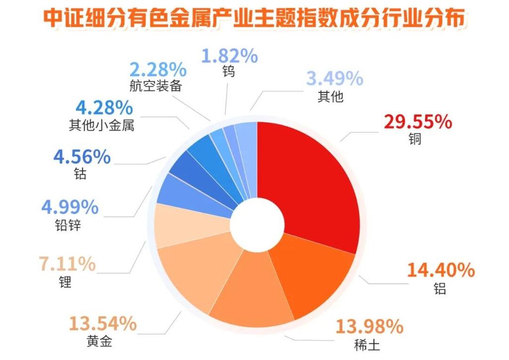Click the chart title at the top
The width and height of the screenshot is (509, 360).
pyautogui.click(x=254, y=19)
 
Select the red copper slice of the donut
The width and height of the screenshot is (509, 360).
pyautogui.click(x=313, y=184)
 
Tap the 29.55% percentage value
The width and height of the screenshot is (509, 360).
pyautogui.click(x=418, y=122)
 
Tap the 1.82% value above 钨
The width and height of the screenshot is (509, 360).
pyautogui.click(x=229, y=56)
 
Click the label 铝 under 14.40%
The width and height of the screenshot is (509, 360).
pyautogui.click(x=439, y=288)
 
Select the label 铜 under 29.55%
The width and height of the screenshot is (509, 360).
pyautogui.click(x=416, y=139)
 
